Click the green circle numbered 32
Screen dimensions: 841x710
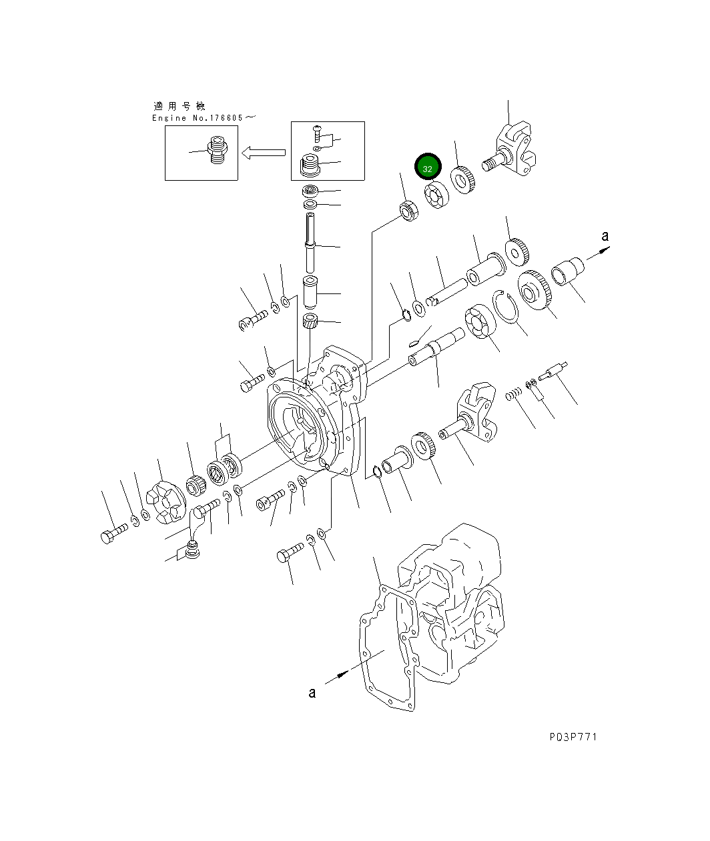click(x=427, y=168)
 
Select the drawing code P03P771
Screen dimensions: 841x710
click(x=573, y=736)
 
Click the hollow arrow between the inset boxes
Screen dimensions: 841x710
click(x=264, y=153)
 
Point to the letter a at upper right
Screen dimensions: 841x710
click(x=605, y=236)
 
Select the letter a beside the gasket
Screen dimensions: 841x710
click(x=312, y=693)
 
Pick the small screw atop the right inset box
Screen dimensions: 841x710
click(x=317, y=131)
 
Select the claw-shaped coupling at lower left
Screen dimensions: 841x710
click(x=166, y=502)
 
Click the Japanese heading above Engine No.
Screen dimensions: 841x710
click(x=180, y=106)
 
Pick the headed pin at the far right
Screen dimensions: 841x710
click(x=554, y=371)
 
